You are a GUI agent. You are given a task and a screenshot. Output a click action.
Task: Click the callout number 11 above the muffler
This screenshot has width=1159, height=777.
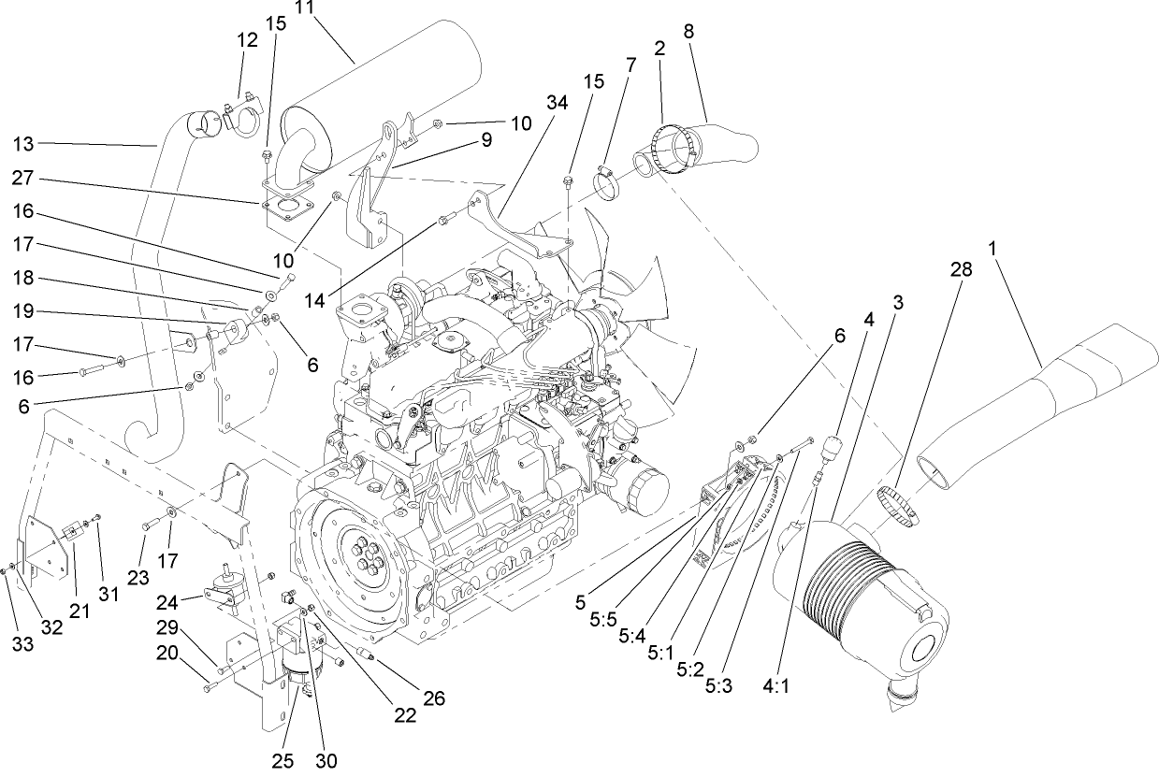click(304, 8)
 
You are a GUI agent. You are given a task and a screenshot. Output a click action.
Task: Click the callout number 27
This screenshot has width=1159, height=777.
click(25, 177)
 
